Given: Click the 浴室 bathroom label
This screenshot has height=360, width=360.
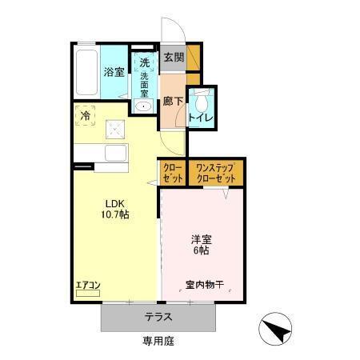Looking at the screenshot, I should (112, 72).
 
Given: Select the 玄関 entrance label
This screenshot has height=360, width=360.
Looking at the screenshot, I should (173, 58).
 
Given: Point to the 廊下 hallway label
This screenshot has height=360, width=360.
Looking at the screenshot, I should (172, 102).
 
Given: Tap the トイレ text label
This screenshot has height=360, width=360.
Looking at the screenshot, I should (201, 119).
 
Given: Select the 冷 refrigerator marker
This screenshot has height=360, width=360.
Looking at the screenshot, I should (86, 116).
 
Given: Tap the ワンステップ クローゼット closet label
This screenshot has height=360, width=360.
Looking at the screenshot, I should (216, 174).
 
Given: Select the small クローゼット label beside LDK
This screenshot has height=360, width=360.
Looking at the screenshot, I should (172, 174).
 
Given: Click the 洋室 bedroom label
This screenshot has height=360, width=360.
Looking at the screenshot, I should (200, 238).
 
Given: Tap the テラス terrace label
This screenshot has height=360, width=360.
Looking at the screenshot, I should (158, 317).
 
